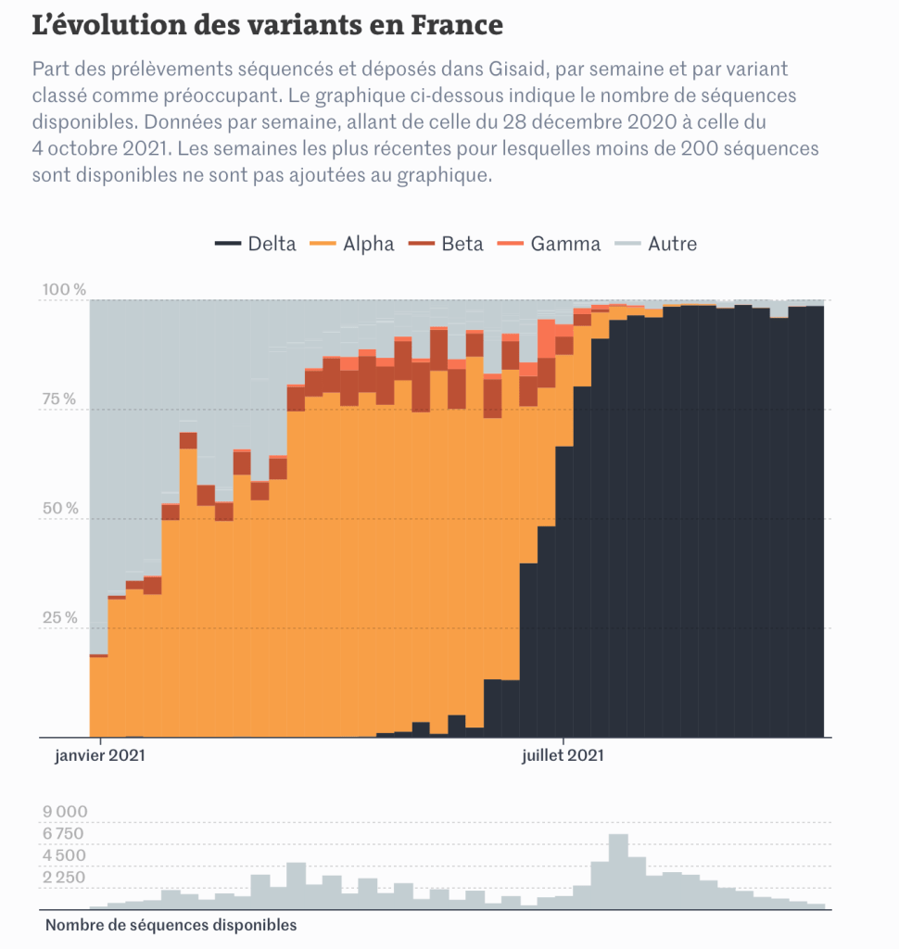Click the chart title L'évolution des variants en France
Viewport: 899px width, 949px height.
267,25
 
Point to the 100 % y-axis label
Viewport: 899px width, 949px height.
64,290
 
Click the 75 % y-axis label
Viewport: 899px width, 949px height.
59,399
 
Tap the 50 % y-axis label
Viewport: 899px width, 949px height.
59,509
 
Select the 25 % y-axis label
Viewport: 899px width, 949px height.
59,618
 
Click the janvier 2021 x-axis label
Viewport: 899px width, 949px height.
99,755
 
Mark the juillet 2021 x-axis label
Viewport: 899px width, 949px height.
563,755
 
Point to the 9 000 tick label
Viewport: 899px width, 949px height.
65,813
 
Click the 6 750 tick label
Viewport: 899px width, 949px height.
65,834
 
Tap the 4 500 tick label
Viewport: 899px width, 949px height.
65,855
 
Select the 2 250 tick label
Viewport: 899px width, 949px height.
65,878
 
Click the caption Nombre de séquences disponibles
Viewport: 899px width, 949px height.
171,925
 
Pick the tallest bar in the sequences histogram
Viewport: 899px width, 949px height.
618,871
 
